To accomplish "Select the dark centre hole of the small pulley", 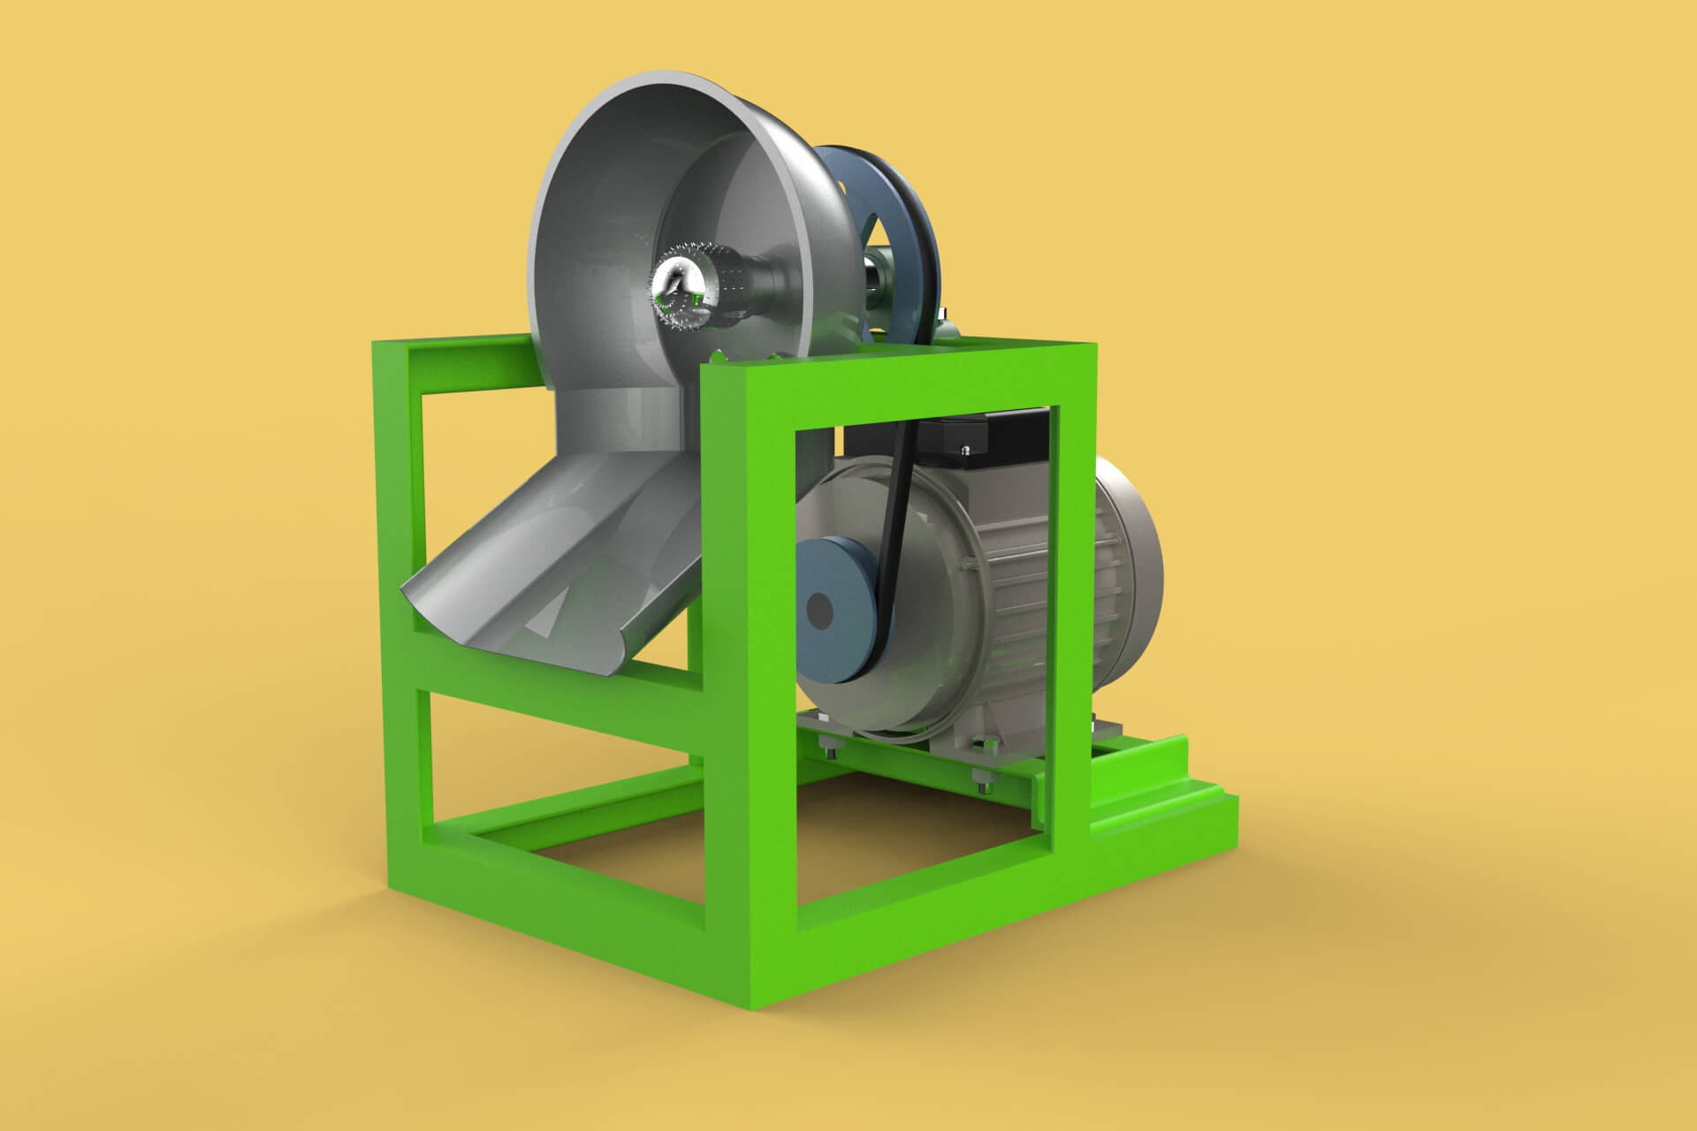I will coord(819,610).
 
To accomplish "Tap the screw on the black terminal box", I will coord(970,450).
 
